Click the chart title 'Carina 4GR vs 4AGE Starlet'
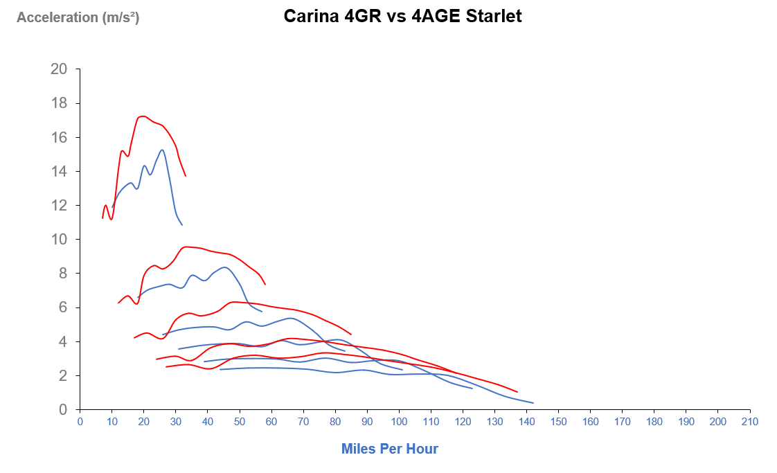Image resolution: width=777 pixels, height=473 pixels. [402, 17]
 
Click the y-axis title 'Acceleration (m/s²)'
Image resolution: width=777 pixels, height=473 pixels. [78, 17]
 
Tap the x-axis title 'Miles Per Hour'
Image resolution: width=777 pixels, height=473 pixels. [389, 449]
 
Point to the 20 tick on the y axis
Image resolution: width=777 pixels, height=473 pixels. [59, 69]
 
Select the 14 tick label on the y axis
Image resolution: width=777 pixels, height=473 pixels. [59, 171]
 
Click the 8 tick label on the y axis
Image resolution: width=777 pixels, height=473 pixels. [63, 274]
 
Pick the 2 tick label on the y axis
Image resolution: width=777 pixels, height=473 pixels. [63, 375]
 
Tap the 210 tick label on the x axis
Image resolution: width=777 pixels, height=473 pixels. [750, 422]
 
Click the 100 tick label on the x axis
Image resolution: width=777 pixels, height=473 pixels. [399, 422]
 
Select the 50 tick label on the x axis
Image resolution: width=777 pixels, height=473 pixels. [240, 422]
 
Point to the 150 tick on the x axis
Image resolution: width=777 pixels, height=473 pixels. [558, 422]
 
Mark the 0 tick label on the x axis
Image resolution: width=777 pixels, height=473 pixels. [80, 422]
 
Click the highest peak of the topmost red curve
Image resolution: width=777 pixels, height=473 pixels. [143, 116]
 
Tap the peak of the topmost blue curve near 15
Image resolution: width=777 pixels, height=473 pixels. [162, 150]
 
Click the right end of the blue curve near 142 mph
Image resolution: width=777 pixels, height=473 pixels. [533, 403]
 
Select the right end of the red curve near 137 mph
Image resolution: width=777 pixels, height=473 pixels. [517, 392]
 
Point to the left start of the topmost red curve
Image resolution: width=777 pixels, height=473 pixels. [102, 218]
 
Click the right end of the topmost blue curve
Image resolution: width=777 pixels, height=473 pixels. [182, 225]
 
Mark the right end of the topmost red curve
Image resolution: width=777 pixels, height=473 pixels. [186, 176]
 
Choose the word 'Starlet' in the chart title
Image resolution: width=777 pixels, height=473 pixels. [494, 17]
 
